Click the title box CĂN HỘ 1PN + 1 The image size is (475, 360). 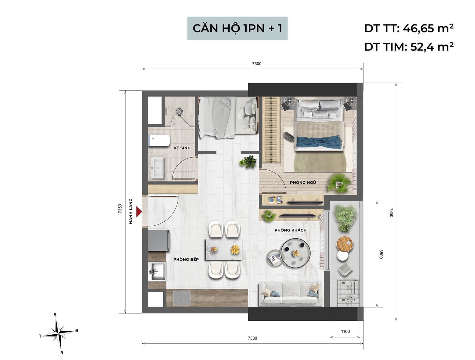(x=237, y=28)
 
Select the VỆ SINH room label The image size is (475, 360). (x=182, y=148)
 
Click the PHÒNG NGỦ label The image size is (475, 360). (x=303, y=182)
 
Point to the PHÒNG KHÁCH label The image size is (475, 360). (x=290, y=230)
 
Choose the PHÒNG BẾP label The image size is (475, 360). (x=186, y=259)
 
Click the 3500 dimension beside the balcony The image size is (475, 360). (x=381, y=254)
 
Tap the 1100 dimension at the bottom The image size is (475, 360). (x=345, y=332)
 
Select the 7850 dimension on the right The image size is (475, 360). (x=391, y=212)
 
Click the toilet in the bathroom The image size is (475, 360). (x=159, y=141)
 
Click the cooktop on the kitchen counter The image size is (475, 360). (x=182, y=298)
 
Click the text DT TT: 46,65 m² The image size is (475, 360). (x=409, y=28)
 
